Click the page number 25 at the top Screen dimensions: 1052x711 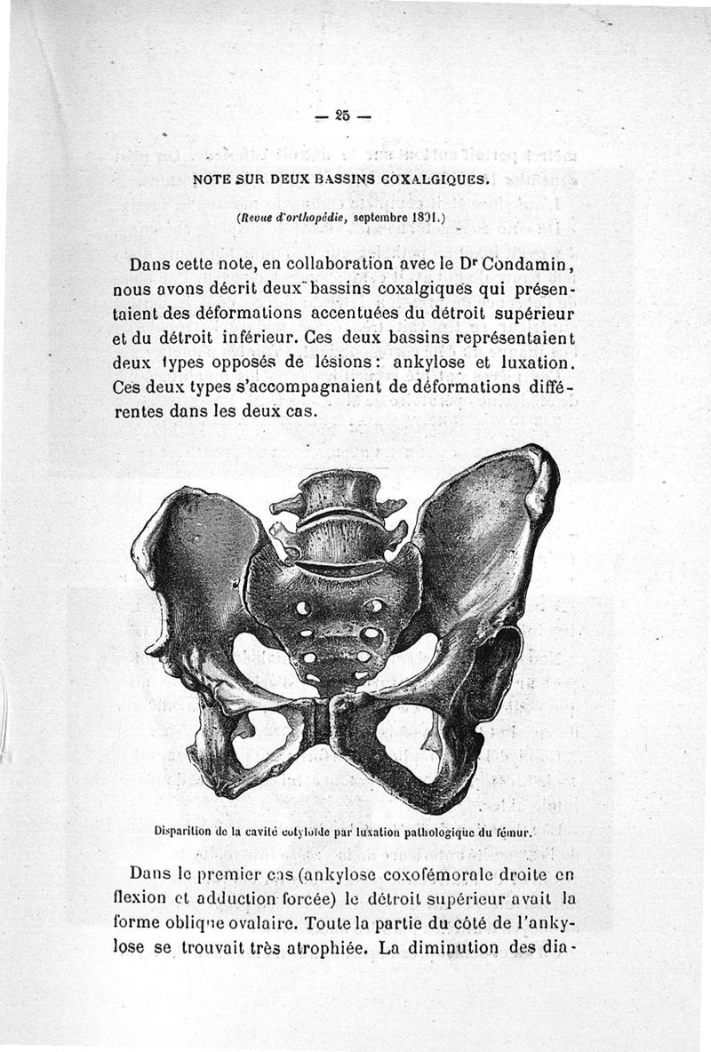click(342, 115)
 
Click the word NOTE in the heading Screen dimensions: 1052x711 click(212, 178)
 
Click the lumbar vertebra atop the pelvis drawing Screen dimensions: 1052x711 click(337, 493)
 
